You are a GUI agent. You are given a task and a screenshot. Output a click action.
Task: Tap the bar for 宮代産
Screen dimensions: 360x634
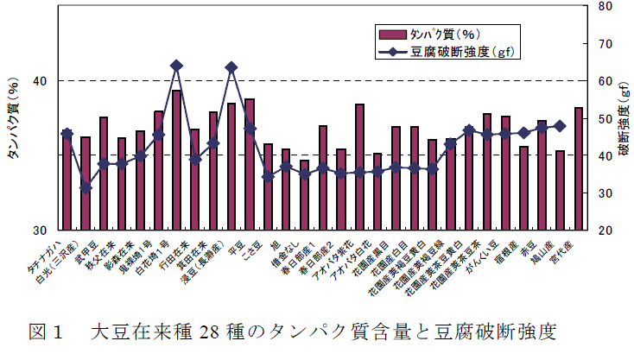[579, 169]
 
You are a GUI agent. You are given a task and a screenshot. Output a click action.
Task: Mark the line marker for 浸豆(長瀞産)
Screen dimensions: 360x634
[231, 67]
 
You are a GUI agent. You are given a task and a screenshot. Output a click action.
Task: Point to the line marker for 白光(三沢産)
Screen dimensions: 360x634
[86, 187]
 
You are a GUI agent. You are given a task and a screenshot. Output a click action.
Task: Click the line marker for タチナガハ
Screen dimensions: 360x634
[67, 134]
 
